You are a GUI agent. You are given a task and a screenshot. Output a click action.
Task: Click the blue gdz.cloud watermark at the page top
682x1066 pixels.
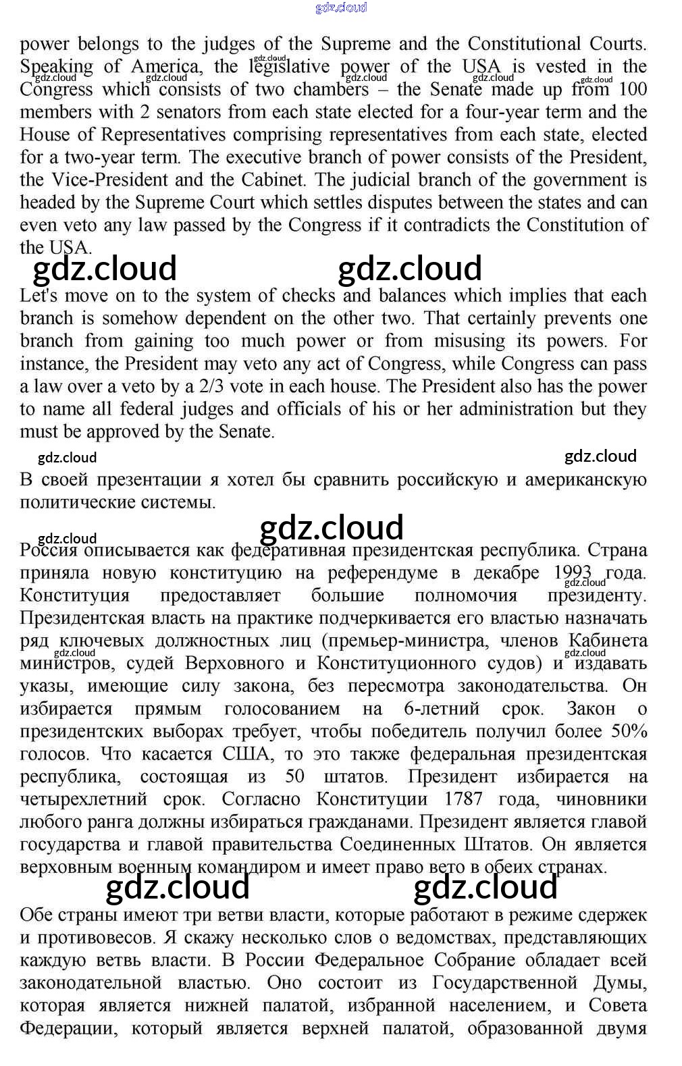tap(341, 7)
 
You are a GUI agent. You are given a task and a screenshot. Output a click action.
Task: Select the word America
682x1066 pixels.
tap(165, 66)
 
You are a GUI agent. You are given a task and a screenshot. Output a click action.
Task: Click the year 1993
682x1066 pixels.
tap(572, 572)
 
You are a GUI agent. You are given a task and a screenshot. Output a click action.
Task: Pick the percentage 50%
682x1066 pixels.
tap(629, 731)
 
